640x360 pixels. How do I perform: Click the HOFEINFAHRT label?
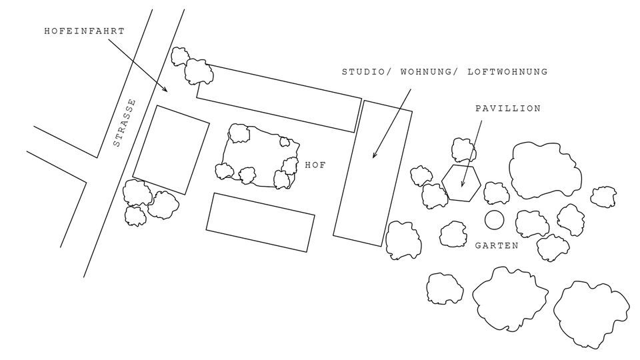click(x=84, y=31)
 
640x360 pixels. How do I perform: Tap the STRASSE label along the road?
click(x=124, y=123)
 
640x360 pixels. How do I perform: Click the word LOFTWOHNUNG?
click(x=507, y=72)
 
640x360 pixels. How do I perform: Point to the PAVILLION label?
click(x=508, y=109)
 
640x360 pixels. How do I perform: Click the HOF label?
click(x=315, y=165)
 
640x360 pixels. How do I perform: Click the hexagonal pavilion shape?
click(x=442, y=183)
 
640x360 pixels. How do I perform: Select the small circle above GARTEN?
click(x=485, y=220)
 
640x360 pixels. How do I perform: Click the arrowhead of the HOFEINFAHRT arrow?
click(x=166, y=90)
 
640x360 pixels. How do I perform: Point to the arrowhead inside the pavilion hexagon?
click(x=462, y=185)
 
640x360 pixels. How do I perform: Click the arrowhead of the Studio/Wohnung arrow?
click(x=373, y=155)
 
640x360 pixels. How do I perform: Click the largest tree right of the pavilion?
click(x=545, y=170)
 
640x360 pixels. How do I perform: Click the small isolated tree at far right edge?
click(x=603, y=197)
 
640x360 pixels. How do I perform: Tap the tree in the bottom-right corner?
click(x=591, y=314)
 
